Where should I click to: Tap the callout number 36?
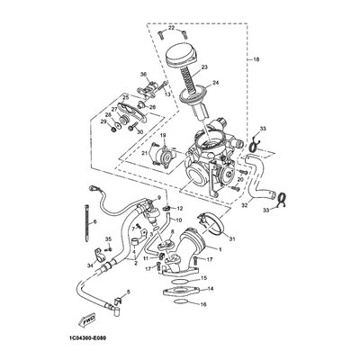click(143, 74)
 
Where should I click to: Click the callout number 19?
click(163, 136)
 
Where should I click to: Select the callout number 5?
click(128, 292)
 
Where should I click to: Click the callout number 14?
click(210, 289)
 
